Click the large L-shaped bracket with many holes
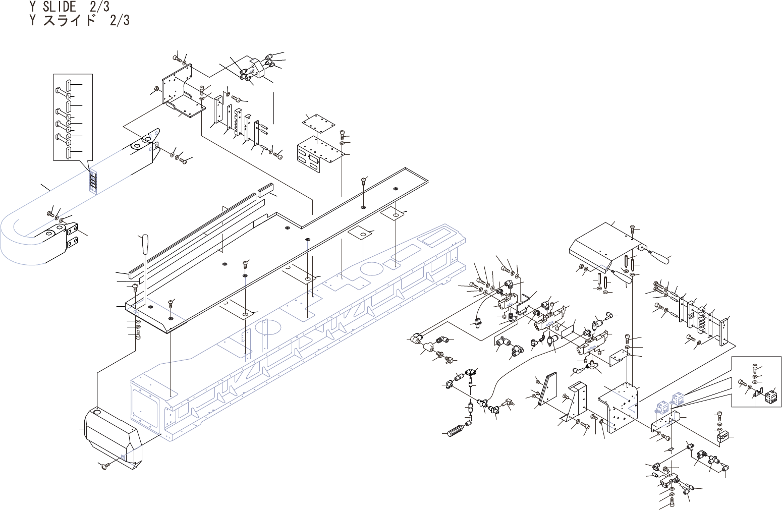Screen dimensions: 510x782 619,406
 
